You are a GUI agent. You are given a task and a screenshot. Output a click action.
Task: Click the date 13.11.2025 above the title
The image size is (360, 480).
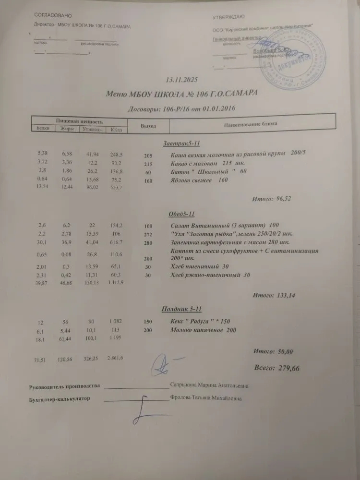[x=181, y=79]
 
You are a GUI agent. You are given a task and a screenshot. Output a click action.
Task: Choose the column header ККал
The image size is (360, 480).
[x=116, y=129]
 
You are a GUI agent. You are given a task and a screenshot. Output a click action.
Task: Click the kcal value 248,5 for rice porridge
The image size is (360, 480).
[x=117, y=155]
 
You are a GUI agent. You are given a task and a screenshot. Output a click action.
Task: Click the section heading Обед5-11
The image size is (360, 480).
[x=177, y=214]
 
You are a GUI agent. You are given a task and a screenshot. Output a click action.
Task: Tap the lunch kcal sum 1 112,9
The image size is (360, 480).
[x=116, y=283]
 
